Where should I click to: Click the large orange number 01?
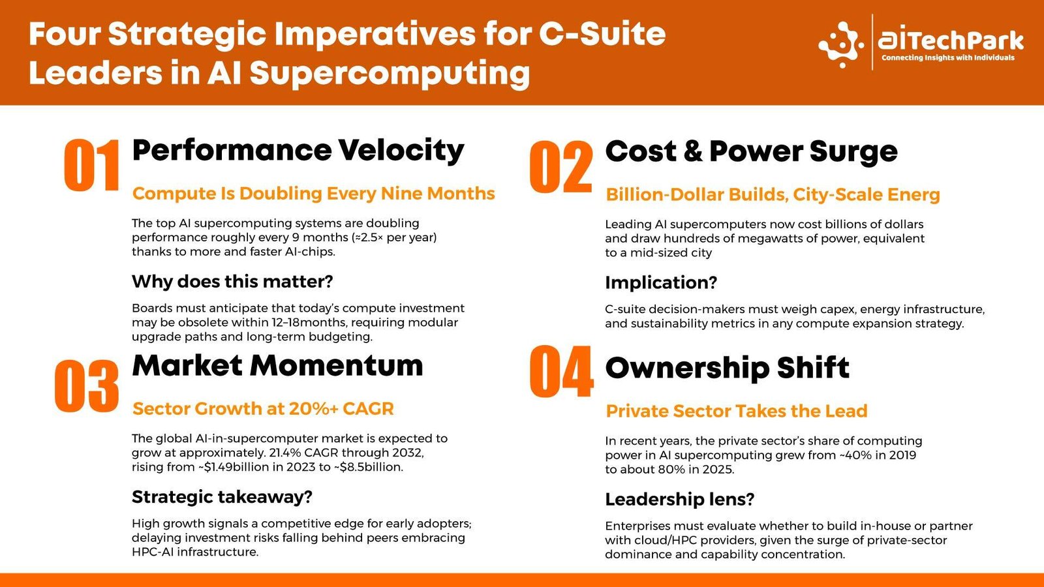tap(92, 165)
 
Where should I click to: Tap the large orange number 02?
tap(561, 167)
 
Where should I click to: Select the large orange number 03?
tap(87, 386)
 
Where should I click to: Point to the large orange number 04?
tap(562, 371)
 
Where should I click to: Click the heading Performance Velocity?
tap(298, 151)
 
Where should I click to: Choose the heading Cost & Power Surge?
tap(751, 152)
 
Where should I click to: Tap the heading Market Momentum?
tap(278, 365)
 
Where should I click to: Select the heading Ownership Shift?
tap(727, 368)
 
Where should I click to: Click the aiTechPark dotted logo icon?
tap(841, 44)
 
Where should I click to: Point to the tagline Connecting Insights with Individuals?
tap(948, 58)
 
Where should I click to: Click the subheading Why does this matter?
tap(232, 281)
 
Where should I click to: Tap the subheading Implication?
tap(661, 283)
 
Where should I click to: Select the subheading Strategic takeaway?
tap(222, 497)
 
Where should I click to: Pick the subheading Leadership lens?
tap(679, 500)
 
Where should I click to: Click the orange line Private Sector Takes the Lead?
tap(737, 411)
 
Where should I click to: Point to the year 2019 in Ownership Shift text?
tap(902, 455)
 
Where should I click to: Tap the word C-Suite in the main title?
tap(602, 34)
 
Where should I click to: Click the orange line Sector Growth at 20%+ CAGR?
tap(264, 408)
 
